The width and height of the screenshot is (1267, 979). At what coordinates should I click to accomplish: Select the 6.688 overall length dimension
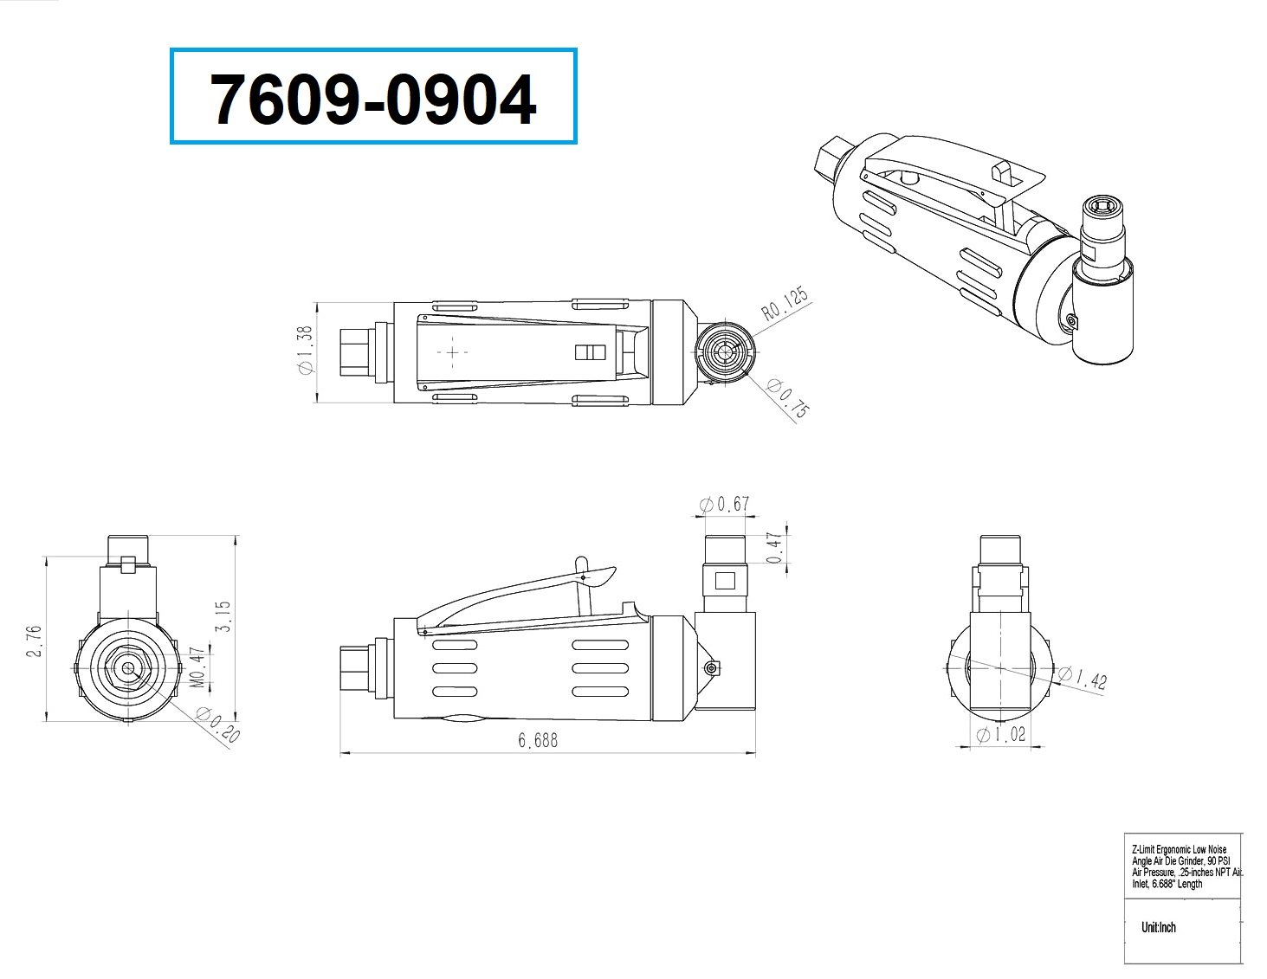click(538, 740)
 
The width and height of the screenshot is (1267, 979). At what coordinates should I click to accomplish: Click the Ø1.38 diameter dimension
click(305, 350)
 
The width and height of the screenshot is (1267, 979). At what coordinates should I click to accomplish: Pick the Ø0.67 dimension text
click(724, 504)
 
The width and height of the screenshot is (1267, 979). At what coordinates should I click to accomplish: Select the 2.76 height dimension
click(35, 641)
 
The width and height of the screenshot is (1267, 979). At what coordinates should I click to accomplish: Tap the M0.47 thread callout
click(199, 667)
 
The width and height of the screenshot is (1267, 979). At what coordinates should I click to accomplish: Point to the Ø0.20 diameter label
click(218, 725)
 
